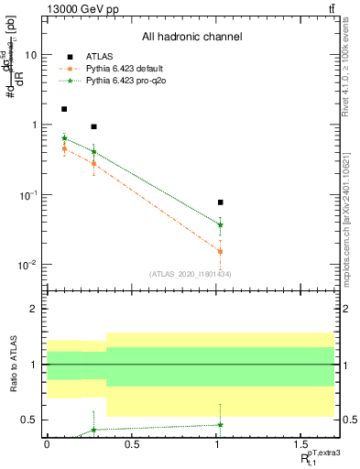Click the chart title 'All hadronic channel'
[x=191, y=37]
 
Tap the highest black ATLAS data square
[x=64, y=109]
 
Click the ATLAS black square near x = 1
[x=220, y=202]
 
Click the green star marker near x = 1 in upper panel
[x=220, y=224]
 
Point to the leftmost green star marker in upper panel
[x=64, y=138]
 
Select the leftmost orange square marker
[x=64, y=148]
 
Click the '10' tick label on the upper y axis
[x=30, y=54]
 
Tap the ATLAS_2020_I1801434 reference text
[x=191, y=274]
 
